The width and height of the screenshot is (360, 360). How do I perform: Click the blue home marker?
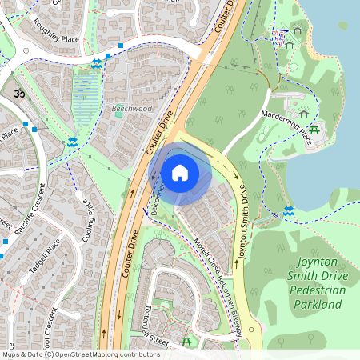(x=180, y=172)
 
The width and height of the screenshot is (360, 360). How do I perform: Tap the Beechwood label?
(x=132, y=107)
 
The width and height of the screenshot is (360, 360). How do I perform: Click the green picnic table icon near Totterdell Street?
(x=187, y=342)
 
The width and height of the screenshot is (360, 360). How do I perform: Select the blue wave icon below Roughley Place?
(x=97, y=63)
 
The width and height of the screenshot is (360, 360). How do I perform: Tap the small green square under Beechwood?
(x=119, y=114)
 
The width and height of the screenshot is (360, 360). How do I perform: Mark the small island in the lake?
(x=342, y=26)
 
